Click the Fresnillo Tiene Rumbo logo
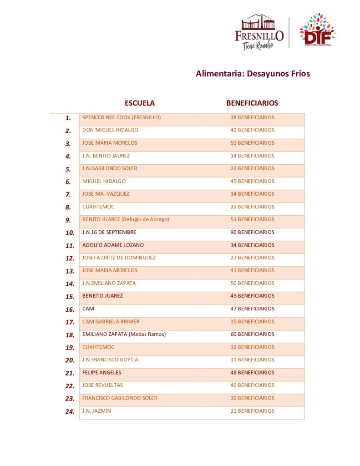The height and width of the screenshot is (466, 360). (259, 32)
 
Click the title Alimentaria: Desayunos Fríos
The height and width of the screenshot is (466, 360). (253, 73)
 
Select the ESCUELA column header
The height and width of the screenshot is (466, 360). (140, 103)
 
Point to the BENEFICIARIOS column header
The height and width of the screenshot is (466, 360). (252, 103)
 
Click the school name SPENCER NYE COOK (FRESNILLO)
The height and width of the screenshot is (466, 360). (122, 117)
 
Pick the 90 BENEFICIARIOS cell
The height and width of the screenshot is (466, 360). (252, 232)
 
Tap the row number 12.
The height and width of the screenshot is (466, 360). (70, 258)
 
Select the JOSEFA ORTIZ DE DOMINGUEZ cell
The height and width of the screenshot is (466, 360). (119, 258)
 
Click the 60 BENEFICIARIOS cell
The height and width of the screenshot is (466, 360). (252, 334)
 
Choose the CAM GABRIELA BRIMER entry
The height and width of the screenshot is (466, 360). (111, 321)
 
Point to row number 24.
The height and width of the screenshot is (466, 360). (70, 411)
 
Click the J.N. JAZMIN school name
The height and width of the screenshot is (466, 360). (96, 411)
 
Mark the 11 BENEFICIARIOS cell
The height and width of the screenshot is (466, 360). (252, 360)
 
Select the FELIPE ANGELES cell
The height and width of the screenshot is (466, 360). (102, 372)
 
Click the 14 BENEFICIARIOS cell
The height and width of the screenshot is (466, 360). (252, 156)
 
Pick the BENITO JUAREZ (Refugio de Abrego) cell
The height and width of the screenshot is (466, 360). (126, 219)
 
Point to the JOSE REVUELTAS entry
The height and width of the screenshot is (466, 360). (102, 385)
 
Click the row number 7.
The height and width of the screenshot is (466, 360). (68, 194)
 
